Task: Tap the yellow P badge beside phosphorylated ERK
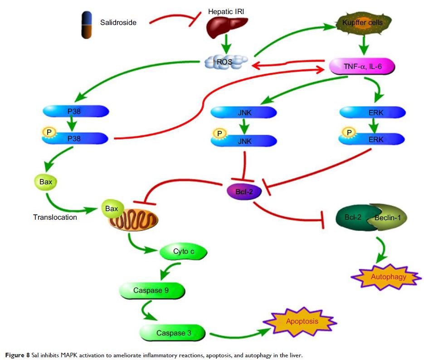[349, 133]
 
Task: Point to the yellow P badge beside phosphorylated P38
[49, 132]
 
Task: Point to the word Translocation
[55, 217]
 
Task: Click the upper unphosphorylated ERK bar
[372, 111]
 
